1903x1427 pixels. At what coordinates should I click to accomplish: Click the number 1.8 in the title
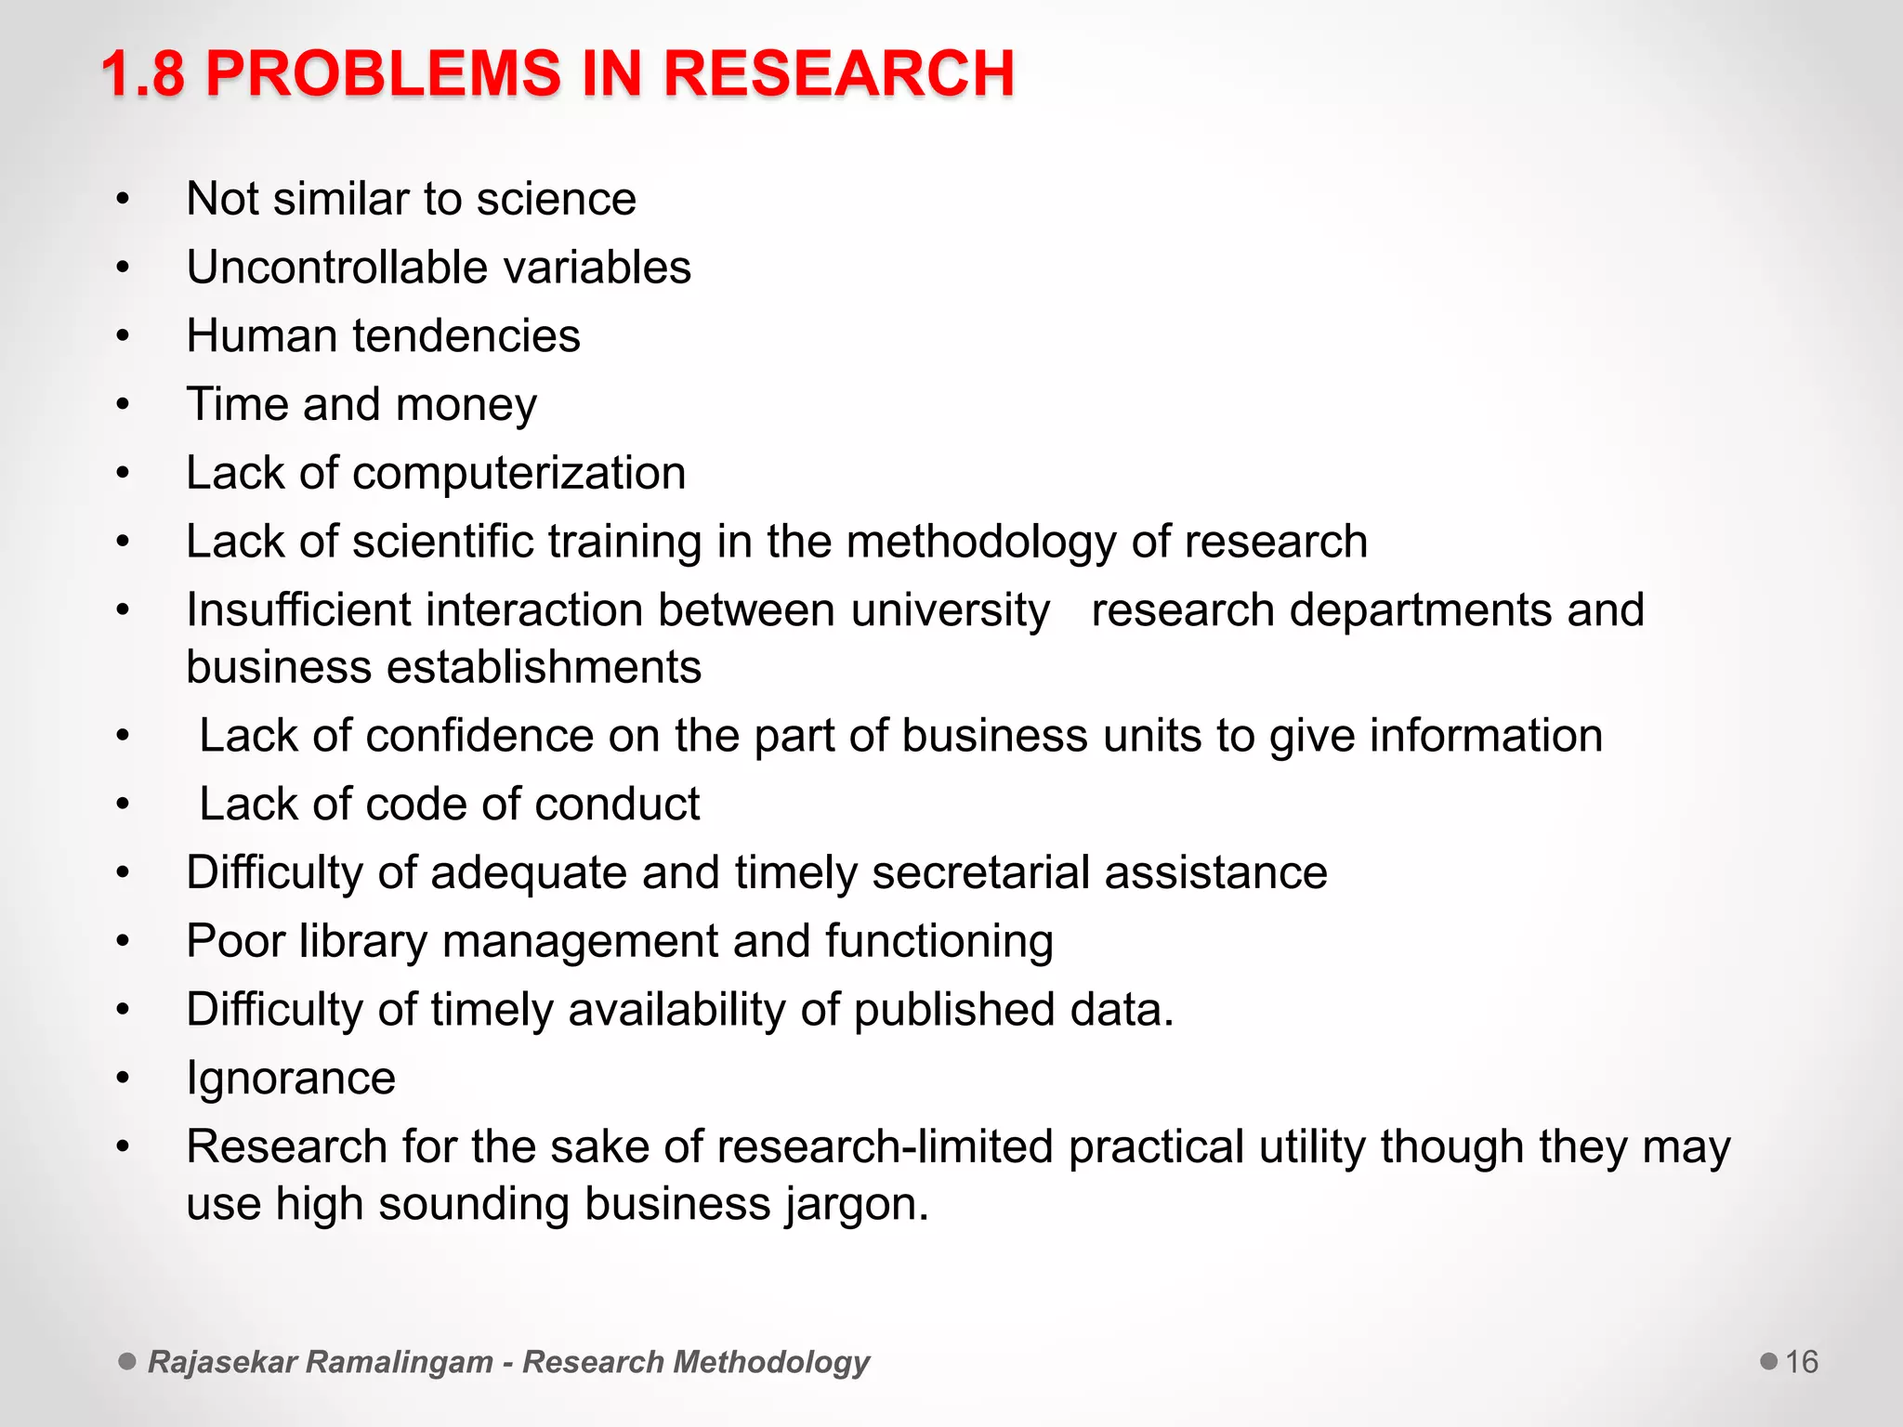[x=143, y=74]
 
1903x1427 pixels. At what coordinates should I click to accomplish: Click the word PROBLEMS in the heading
[x=383, y=74]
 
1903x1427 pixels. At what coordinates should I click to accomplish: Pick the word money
[x=466, y=406]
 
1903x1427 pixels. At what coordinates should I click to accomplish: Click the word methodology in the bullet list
[x=981, y=543]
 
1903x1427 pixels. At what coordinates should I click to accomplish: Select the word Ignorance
[x=291, y=1079]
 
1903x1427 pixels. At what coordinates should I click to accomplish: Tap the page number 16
[x=1802, y=1362]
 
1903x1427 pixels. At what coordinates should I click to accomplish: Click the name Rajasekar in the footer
[x=222, y=1362]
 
